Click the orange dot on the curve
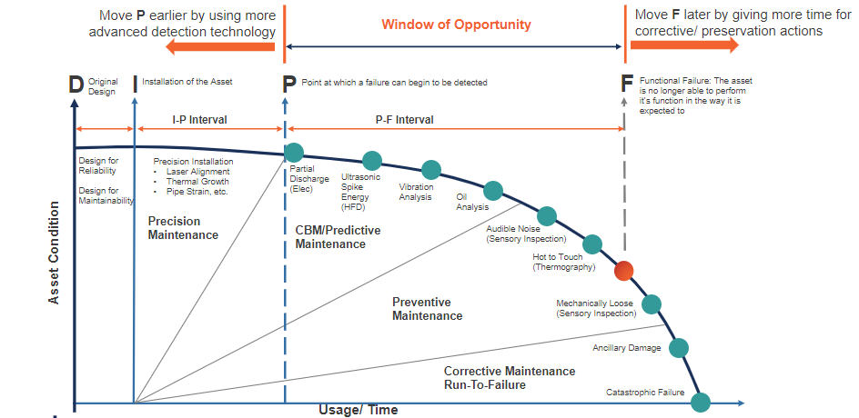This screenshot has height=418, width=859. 623,271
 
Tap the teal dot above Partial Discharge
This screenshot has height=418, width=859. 293,153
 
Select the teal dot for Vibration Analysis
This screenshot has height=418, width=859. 431,170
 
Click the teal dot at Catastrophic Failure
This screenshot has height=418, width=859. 701,402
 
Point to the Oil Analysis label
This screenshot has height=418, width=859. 472,201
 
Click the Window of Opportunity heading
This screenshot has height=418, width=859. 456,24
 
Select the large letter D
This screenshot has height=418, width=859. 76,84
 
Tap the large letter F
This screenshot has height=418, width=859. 626,84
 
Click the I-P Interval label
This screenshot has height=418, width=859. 199,120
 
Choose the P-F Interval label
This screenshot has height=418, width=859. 404,120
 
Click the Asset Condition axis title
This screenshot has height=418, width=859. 54,253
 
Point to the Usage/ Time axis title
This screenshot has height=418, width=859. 358,410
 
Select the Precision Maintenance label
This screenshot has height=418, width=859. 183,228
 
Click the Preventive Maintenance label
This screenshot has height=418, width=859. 427,309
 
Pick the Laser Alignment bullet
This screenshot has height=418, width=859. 197,171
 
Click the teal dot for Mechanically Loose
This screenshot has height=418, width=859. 652,304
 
